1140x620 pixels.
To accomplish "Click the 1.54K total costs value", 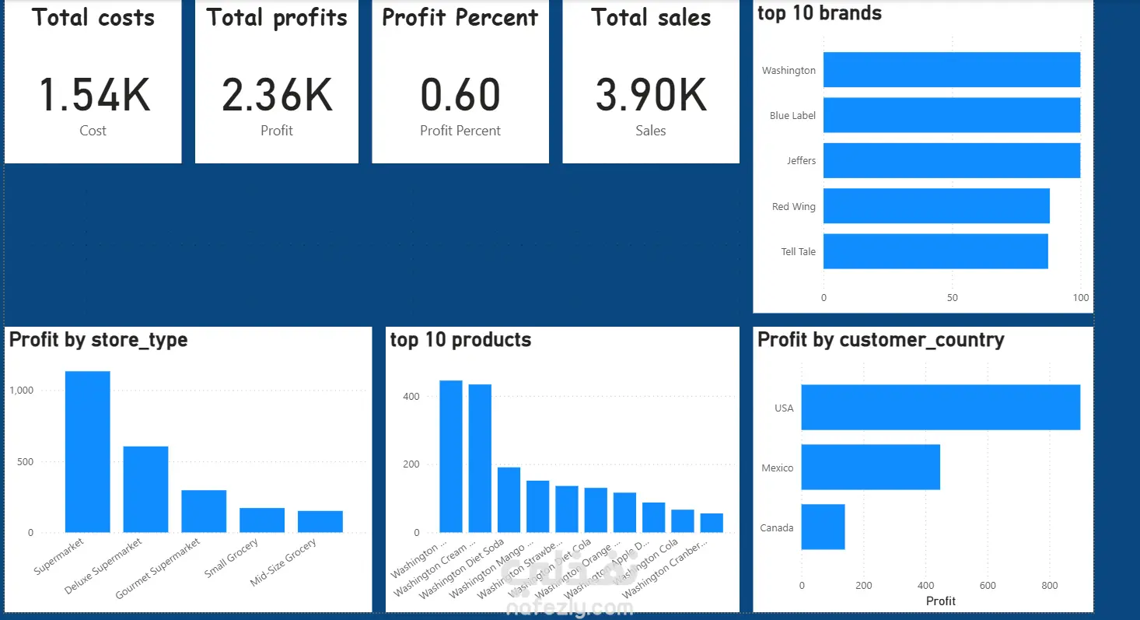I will (93, 95).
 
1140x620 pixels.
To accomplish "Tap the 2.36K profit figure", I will (277, 95).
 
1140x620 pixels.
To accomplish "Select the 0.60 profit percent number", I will (460, 95).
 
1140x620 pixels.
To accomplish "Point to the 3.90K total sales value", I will (651, 95).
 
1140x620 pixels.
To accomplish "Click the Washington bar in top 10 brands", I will (951, 70).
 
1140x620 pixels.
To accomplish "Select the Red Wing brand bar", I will (936, 206).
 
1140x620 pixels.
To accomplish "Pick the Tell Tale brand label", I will (798, 252).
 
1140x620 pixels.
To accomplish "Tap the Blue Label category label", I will (792, 116).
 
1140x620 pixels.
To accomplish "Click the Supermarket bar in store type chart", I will (87, 451).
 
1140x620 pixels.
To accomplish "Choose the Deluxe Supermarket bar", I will (145, 489).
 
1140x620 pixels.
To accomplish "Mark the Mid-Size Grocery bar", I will (320, 521).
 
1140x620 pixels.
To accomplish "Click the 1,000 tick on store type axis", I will (22, 391).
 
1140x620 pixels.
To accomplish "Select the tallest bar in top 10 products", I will (451, 457).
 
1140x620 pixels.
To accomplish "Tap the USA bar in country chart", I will (940, 407).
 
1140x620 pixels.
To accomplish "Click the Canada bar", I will (823, 527).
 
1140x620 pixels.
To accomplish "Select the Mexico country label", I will (777, 468).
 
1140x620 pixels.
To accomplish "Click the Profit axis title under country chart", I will (941, 601).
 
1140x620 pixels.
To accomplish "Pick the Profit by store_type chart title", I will (98, 340).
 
